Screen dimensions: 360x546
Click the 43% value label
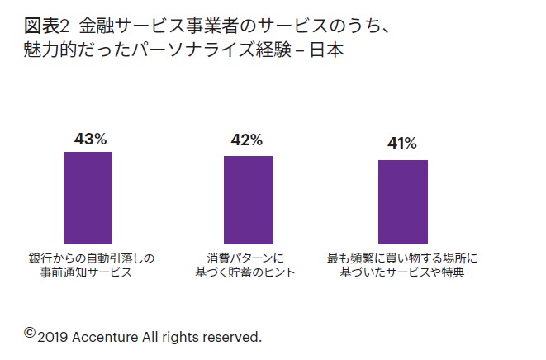tap(90, 140)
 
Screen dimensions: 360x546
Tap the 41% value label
tap(402, 144)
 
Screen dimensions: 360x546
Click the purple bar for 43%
tap(88, 197)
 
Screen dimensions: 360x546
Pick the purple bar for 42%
tap(248, 199)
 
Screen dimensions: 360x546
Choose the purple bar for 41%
tap(403, 201)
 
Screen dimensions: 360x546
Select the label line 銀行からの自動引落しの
tap(90, 258)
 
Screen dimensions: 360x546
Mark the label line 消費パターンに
tap(246, 258)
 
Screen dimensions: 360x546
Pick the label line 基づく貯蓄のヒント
tap(246, 272)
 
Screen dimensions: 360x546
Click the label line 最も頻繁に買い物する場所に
tap(403, 258)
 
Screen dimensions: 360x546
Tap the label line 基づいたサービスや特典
tap(403, 272)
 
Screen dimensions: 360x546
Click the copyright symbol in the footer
tap(30, 333)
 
